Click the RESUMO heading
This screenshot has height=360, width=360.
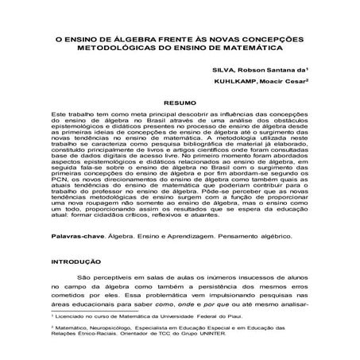[180, 104]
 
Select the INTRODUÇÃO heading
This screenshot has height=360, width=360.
[75, 260]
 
